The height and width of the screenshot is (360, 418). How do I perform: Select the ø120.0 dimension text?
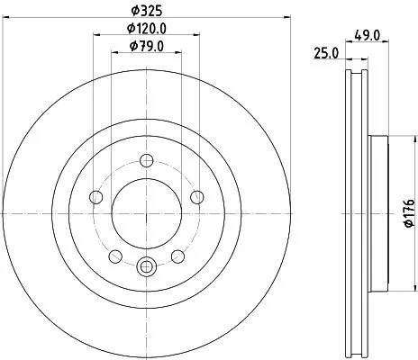click(147, 31)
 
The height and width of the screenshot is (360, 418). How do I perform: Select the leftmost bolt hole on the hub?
click(95, 198)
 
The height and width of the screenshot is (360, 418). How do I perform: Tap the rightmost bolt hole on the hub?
click(198, 198)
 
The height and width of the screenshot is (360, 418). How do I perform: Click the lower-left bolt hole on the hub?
click(115, 257)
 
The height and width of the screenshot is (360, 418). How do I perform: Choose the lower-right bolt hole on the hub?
click(178, 257)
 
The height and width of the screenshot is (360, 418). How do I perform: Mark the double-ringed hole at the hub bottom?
click(147, 266)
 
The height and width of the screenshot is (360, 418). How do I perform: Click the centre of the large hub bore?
click(147, 213)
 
